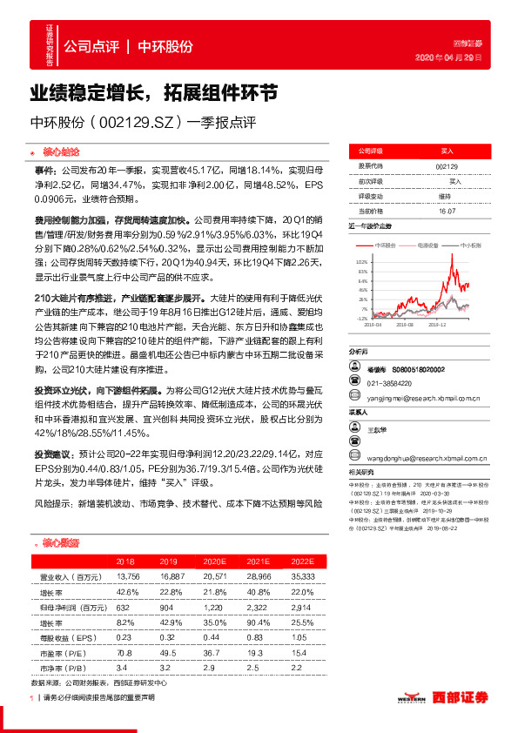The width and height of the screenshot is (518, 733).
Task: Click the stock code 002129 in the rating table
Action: (447, 166)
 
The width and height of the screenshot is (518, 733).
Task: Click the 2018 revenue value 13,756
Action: (127, 576)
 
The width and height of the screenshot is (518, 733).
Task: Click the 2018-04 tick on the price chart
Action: (373, 326)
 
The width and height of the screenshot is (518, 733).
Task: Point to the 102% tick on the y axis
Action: (360, 260)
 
